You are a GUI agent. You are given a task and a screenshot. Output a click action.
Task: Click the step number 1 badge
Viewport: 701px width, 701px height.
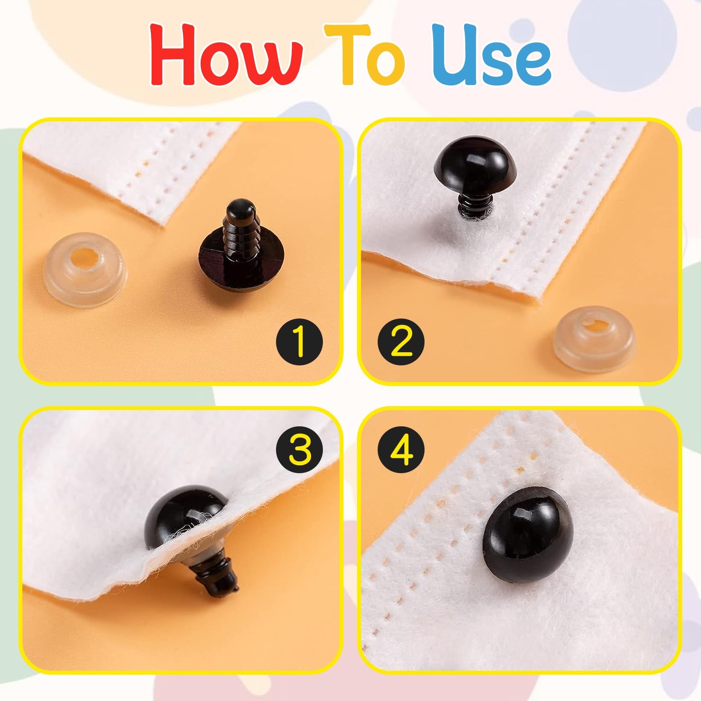pyautogui.click(x=299, y=342)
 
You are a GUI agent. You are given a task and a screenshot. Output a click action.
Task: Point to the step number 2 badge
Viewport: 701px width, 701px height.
pyautogui.click(x=401, y=342)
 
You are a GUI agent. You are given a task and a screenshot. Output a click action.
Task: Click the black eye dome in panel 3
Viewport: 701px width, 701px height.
pyautogui.click(x=180, y=513)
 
